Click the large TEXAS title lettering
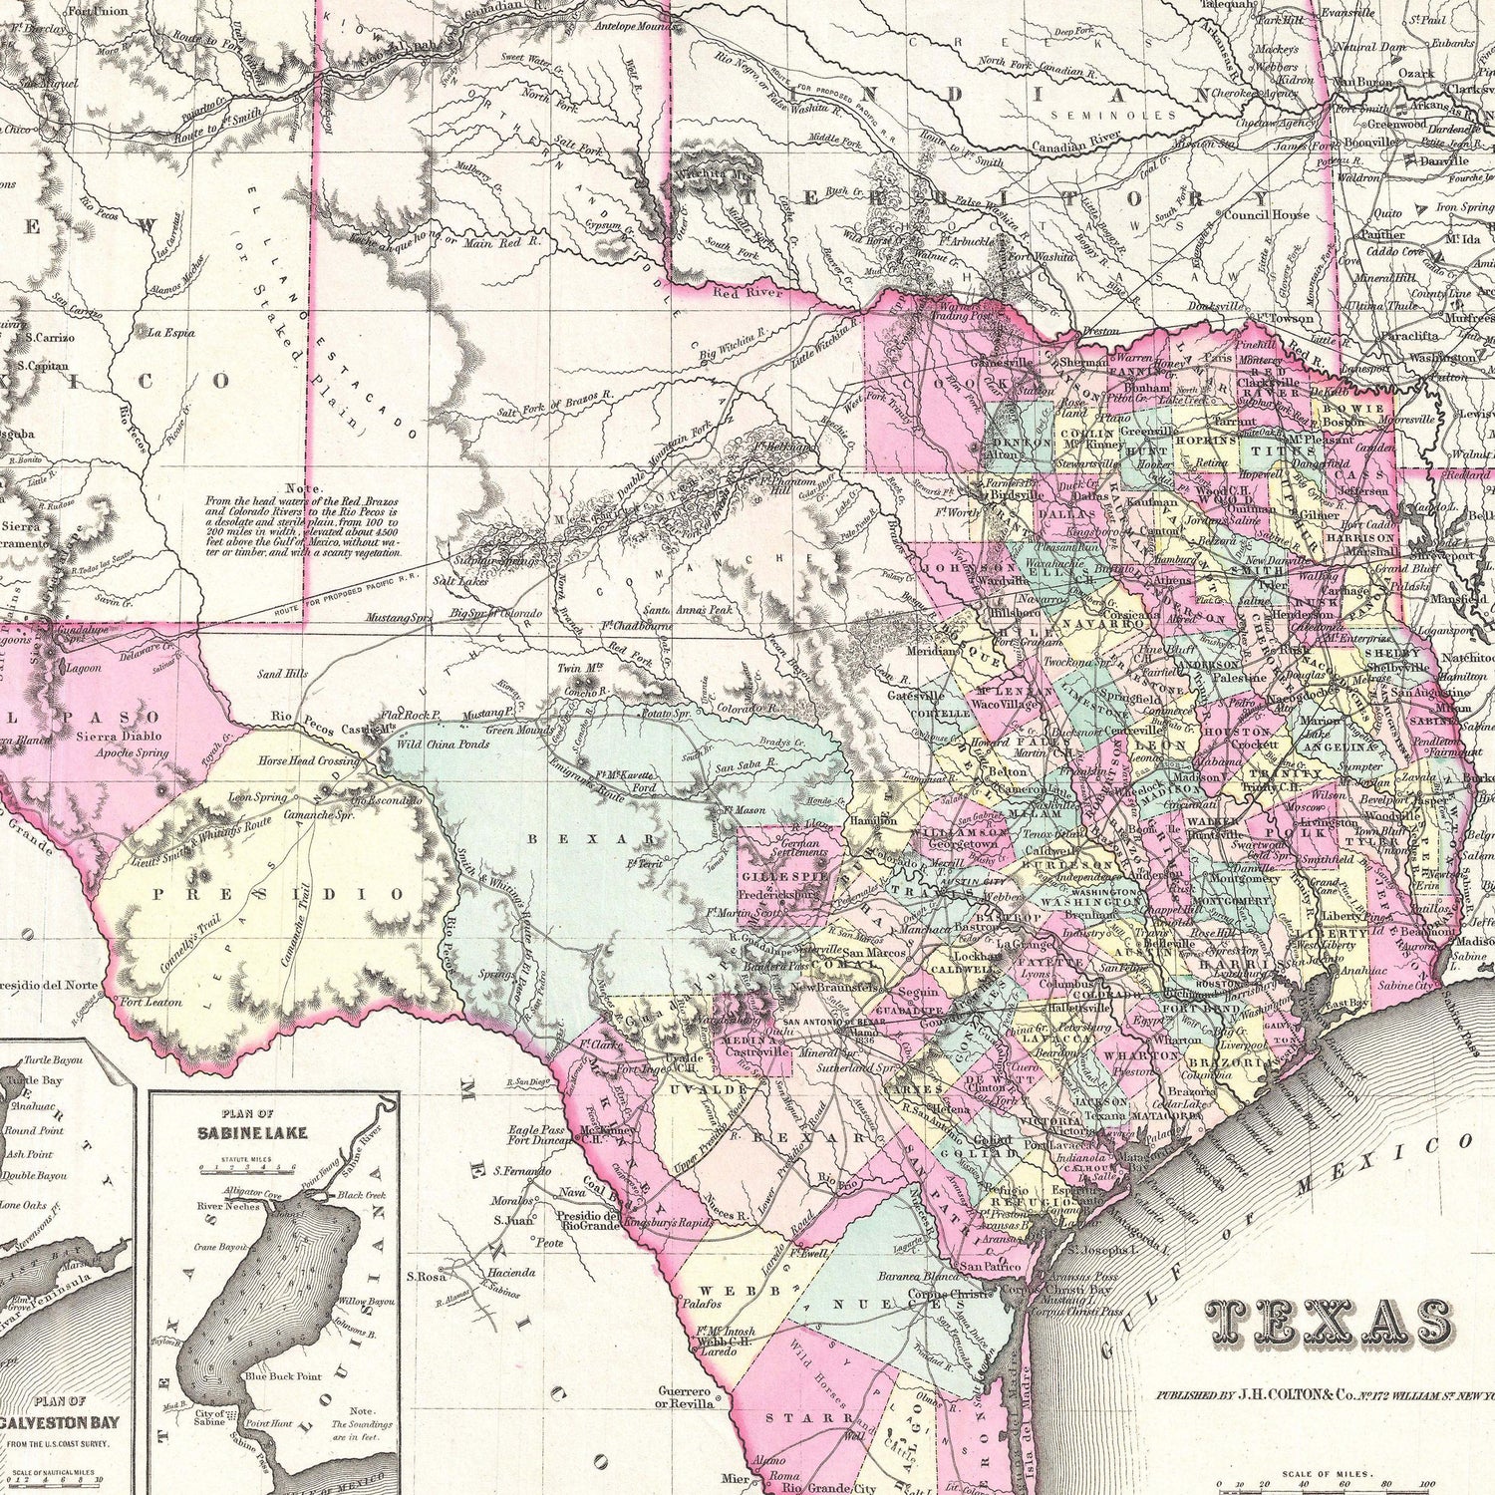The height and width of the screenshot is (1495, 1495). pyautogui.click(x=1329, y=1323)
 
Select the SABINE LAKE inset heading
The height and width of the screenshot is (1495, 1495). pyautogui.click(x=252, y=1133)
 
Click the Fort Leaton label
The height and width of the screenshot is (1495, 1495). pyautogui.click(x=151, y=1002)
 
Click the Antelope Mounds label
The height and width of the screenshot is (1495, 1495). pyautogui.click(x=634, y=27)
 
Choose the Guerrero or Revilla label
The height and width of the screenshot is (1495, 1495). pyautogui.click(x=688, y=1397)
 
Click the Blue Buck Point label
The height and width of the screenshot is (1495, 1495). pyautogui.click(x=283, y=1376)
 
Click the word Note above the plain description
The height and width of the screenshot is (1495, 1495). pyautogui.click(x=303, y=488)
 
